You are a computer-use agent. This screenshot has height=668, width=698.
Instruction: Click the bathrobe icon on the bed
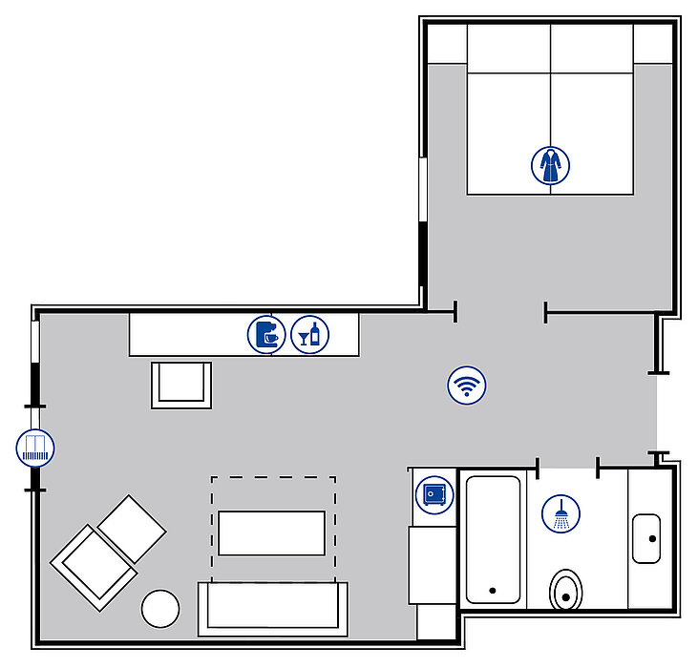(x=550, y=164)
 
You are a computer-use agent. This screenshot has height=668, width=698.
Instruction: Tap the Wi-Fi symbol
(x=467, y=386)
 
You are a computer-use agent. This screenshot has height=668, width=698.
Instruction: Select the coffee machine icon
(x=266, y=335)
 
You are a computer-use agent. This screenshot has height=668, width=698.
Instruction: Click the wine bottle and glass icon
(x=310, y=335)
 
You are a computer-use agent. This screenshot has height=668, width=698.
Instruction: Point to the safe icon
(x=433, y=494)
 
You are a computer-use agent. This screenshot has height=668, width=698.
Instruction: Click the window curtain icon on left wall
(x=36, y=448)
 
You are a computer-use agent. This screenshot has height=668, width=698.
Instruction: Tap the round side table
(x=160, y=609)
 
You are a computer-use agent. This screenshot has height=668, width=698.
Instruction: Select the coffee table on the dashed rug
(x=271, y=532)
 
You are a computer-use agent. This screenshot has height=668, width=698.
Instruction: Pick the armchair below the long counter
(x=181, y=384)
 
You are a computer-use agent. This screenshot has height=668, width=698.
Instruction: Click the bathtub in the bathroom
(x=493, y=539)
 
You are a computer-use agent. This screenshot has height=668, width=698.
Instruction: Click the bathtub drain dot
(x=493, y=591)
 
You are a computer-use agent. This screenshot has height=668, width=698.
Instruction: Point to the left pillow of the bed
(x=508, y=44)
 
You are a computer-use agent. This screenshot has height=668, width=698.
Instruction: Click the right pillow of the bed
(x=592, y=44)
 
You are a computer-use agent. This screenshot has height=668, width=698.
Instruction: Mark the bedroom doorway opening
(x=499, y=311)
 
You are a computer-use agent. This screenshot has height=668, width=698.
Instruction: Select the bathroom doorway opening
(x=568, y=468)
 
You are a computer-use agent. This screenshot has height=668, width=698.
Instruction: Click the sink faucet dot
(x=653, y=539)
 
